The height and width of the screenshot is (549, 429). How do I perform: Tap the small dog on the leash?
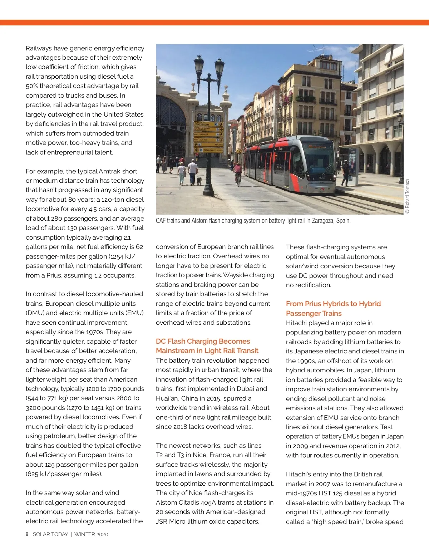pyautogui.click(x=199, y=181)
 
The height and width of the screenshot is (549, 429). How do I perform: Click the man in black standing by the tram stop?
pyautogui.click(x=345, y=173)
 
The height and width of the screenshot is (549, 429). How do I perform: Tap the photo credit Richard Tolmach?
pyautogui.click(x=407, y=196)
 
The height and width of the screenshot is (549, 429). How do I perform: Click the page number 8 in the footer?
pyautogui.click(x=27, y=534)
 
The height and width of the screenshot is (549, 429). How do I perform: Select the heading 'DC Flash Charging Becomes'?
pyautogui.click(x=203, y=341)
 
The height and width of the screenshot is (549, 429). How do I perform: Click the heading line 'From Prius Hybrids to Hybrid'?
pyautogui.click(x=333, y=304)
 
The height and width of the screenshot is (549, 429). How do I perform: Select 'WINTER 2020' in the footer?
pyautogui.click(x=91, y=534)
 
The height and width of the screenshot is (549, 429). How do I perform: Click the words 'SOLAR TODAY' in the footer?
pyautogui.click(x=50, y=534)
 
